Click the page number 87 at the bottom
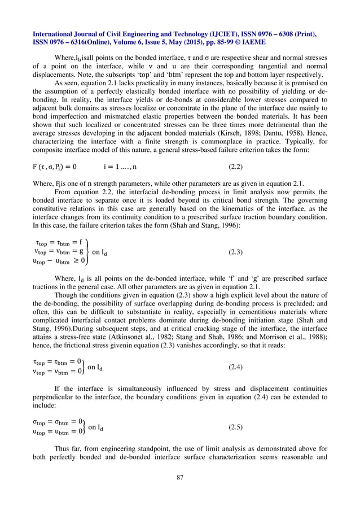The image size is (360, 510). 180,478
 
